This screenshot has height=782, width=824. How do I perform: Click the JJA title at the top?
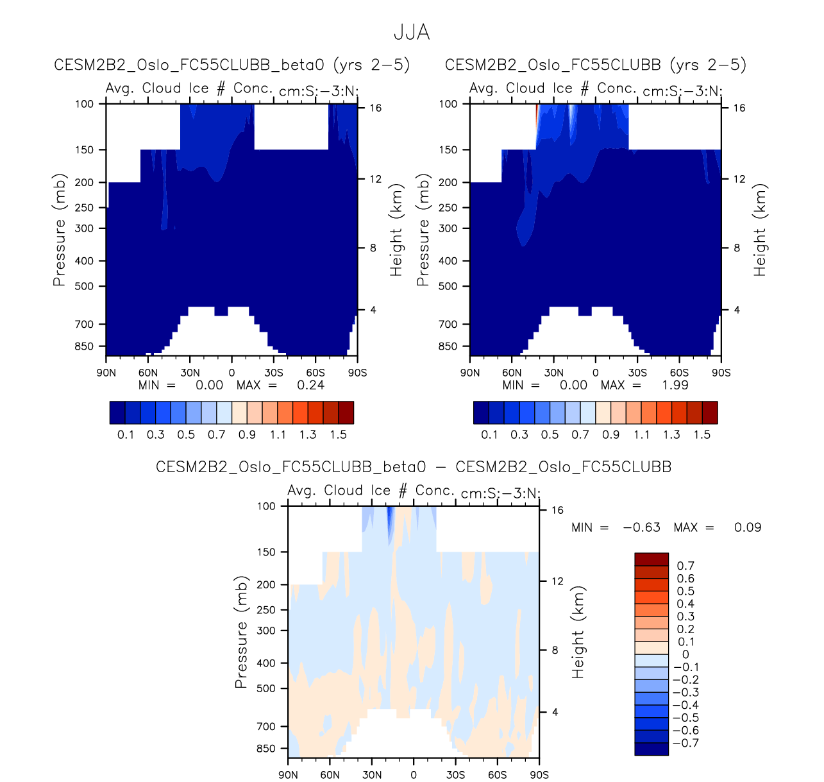point(412,32)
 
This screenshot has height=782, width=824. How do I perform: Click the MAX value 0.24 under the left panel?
point(310,385)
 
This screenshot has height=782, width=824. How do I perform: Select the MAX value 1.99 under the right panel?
point(675,385)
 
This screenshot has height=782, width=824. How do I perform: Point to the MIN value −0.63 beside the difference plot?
point(641,527)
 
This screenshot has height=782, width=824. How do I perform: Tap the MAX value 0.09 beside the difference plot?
point(748,527)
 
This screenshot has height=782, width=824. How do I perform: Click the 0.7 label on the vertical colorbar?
point(685,566)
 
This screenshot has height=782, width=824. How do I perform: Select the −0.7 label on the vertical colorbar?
point(685,743)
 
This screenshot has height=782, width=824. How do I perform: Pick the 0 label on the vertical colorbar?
point(685,654)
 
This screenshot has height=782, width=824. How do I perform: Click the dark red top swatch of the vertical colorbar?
point(652,559)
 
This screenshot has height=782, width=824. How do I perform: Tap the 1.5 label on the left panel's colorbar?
point(338,434)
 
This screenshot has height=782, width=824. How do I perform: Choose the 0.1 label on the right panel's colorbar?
point(489,434)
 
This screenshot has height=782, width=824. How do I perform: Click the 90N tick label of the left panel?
point(106,373)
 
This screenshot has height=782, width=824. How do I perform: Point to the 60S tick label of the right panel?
point(679,373)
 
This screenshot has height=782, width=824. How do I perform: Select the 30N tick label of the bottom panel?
point(372,775)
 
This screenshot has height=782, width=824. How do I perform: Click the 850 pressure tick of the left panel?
point(84,346)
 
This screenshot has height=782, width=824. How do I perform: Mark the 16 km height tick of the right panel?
point(739,108)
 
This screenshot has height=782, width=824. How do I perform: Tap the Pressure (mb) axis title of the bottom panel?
point(241,632)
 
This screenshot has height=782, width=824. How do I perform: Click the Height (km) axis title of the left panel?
point(396,231)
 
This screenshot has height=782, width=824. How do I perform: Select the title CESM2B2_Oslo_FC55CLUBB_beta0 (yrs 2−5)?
point(232,65)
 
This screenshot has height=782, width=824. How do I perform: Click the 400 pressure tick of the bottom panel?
point(266,663)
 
